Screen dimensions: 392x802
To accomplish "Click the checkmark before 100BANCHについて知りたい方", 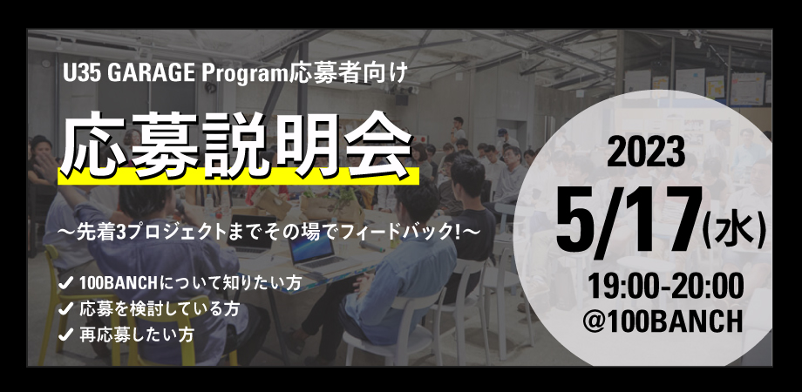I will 65,285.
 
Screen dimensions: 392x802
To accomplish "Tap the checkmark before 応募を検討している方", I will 65,308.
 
